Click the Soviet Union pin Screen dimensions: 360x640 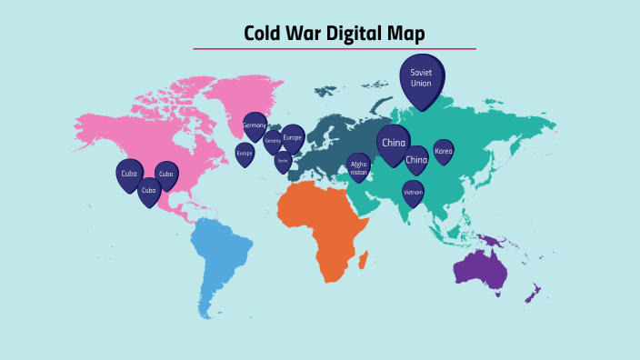coord(421,76)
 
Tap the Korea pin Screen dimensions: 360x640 coord(443,151)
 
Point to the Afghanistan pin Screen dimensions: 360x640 coord(359,166)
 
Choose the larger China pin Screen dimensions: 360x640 coord(394,144)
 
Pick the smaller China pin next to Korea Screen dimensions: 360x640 coord(416,160)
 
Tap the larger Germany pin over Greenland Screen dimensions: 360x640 coord(255,125)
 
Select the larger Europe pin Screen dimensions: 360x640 coord(293,138)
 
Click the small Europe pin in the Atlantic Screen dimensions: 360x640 coord(245,154)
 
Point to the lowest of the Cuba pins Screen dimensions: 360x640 coord(149,191)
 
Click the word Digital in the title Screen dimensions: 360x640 coord(343,34)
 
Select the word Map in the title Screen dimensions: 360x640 coord(405,34)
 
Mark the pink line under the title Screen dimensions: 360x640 coord(334,49)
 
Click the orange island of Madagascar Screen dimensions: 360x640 coord(365,261)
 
